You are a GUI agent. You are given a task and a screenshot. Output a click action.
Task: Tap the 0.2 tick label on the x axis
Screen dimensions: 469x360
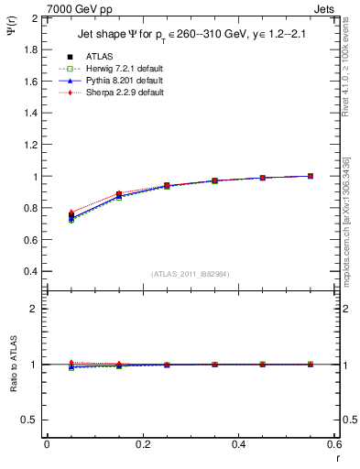tap(142, 444)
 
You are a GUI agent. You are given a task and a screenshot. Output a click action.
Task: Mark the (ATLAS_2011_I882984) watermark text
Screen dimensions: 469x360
tap(190, 275)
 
